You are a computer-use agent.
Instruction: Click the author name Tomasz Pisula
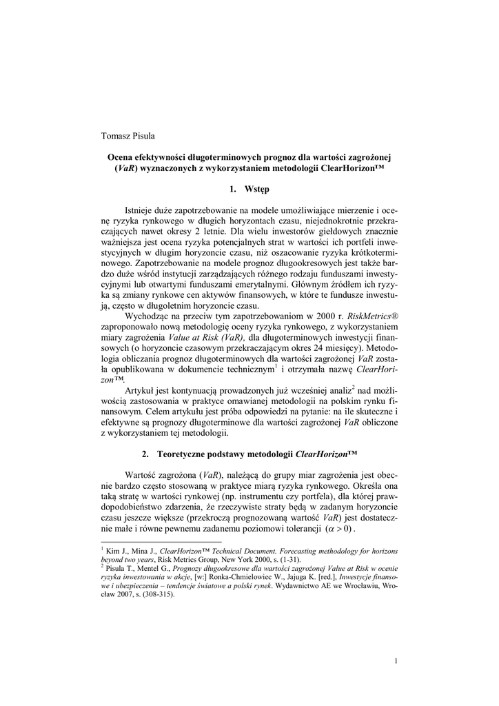[x=128, y=135]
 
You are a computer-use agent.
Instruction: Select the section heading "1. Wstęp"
[x=250, y=188]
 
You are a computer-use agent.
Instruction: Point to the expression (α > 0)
[x=338, y=529]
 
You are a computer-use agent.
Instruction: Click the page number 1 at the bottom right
[x=396, y=662]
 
